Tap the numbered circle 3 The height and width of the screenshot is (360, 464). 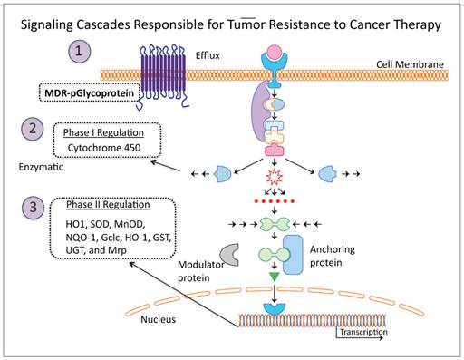coord(33,207)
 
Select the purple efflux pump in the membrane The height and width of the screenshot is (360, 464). coord(162,73)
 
